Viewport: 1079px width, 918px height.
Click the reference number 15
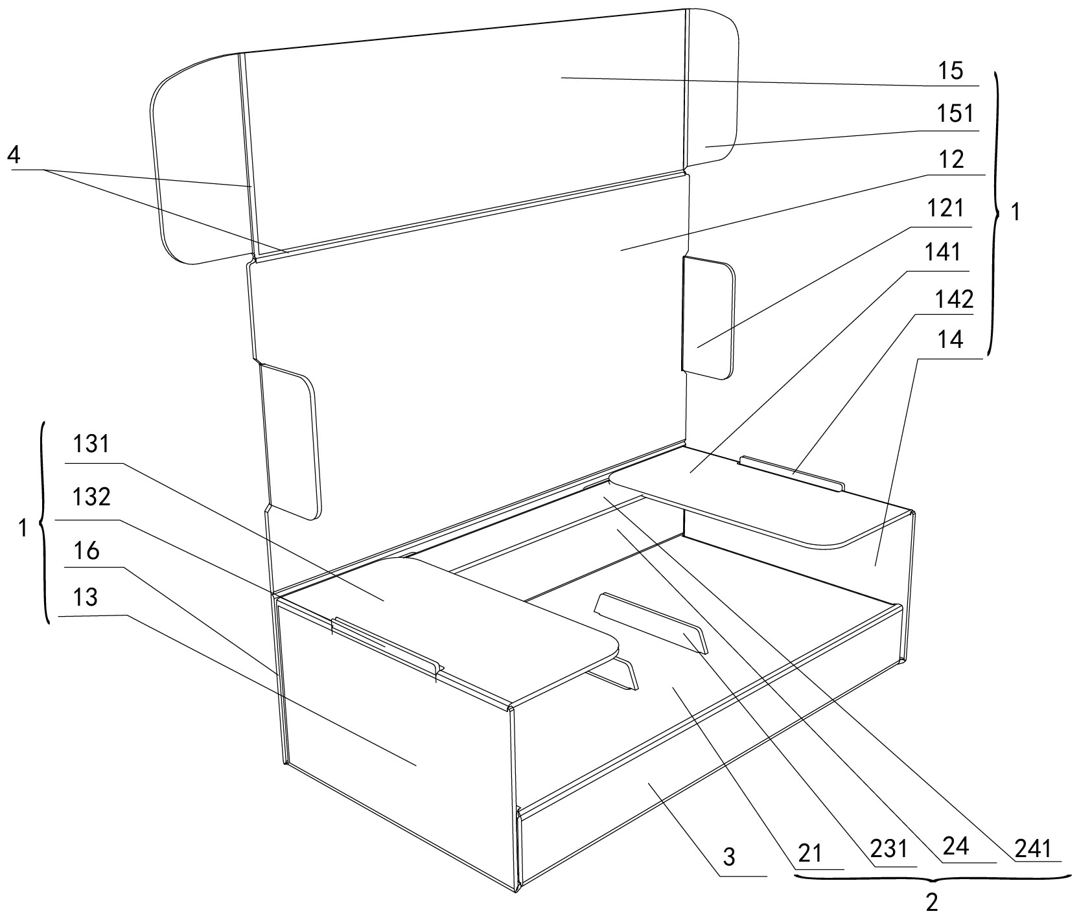coord(951,71)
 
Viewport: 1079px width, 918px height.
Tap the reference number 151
coord(955,115)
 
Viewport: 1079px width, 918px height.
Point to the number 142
coord(954,299)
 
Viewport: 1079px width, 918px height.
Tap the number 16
coord(87,551)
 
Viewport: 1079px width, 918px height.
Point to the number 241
coord(1034,849)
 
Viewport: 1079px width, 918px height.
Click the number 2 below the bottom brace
coord(932,902)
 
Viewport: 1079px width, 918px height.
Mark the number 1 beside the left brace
coord(23,529)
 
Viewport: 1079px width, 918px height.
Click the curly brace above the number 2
coord(932,878)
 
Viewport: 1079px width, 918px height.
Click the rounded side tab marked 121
coord(708,317)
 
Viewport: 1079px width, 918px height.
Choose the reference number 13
coord(86,597)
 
